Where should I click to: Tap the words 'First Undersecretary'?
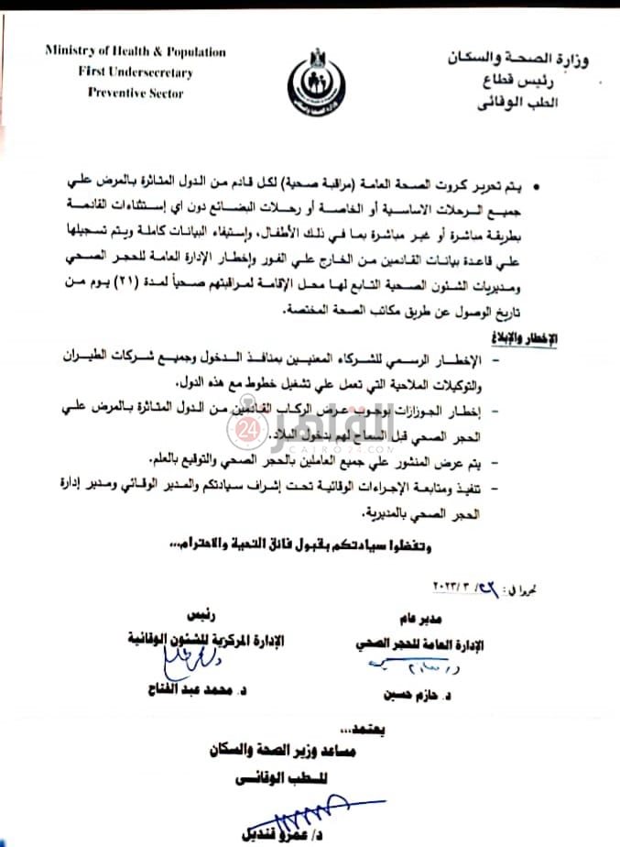pyautogui.click(x=135, y=71)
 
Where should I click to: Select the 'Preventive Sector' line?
pyautogui.click(x=135, y=93)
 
